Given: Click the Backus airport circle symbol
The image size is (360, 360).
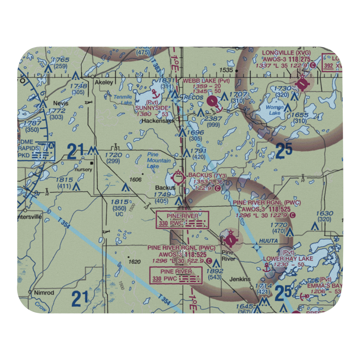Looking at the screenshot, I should (x=179, y=177).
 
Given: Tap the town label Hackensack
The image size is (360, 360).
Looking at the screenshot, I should (x=158, y=121).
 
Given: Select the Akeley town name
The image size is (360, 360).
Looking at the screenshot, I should (x=104, y=82).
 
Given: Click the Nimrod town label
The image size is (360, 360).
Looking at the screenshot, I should (x=44, y=293).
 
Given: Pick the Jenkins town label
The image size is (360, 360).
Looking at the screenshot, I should (x=240, y=279).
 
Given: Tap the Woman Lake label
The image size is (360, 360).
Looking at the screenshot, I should (x=272, y=110).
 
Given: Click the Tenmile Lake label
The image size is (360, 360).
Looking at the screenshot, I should (x=123, y=100).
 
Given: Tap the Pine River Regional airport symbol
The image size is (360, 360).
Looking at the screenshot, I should (x=230, y=238).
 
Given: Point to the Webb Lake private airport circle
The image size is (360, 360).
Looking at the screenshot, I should (x=213, y=101).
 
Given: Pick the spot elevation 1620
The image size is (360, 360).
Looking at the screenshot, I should (x=134, y=262).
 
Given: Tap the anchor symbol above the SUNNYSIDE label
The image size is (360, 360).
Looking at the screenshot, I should (x=155, y=94).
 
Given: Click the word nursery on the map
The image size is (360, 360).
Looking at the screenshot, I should (x=83, y=170).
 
